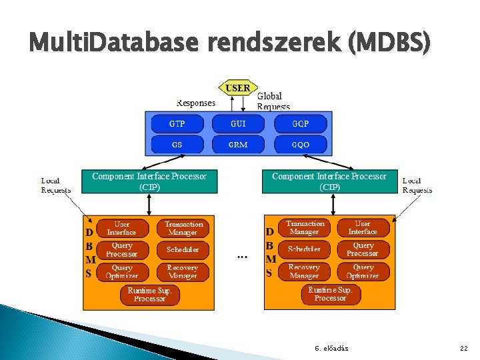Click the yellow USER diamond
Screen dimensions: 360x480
click(238, 87)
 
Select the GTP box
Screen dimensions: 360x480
click(177, 123)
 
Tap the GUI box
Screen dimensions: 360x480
click(238, 123)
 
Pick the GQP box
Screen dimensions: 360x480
click(301, 123)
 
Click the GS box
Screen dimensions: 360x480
click(177, 144)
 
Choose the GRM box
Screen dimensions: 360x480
click(238, 144)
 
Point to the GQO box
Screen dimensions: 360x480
click(301, 144)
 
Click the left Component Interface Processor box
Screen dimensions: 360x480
click(149, 181)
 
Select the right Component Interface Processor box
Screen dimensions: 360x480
click(329, 181)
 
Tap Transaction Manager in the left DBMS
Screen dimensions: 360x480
click(183, 229)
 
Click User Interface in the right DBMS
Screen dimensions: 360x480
click(363, 228)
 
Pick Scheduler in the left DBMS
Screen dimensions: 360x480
click(183, 250)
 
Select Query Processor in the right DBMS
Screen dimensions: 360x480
click(363, 249)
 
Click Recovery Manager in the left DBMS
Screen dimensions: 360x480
click(183, 271)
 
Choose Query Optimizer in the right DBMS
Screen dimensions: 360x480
click(363, 271)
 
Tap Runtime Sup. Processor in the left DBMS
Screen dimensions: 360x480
click(150, 295)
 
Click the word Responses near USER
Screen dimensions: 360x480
click(196, 103)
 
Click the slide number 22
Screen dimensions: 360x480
click(464, 348)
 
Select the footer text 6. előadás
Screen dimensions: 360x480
click(331, 348)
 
